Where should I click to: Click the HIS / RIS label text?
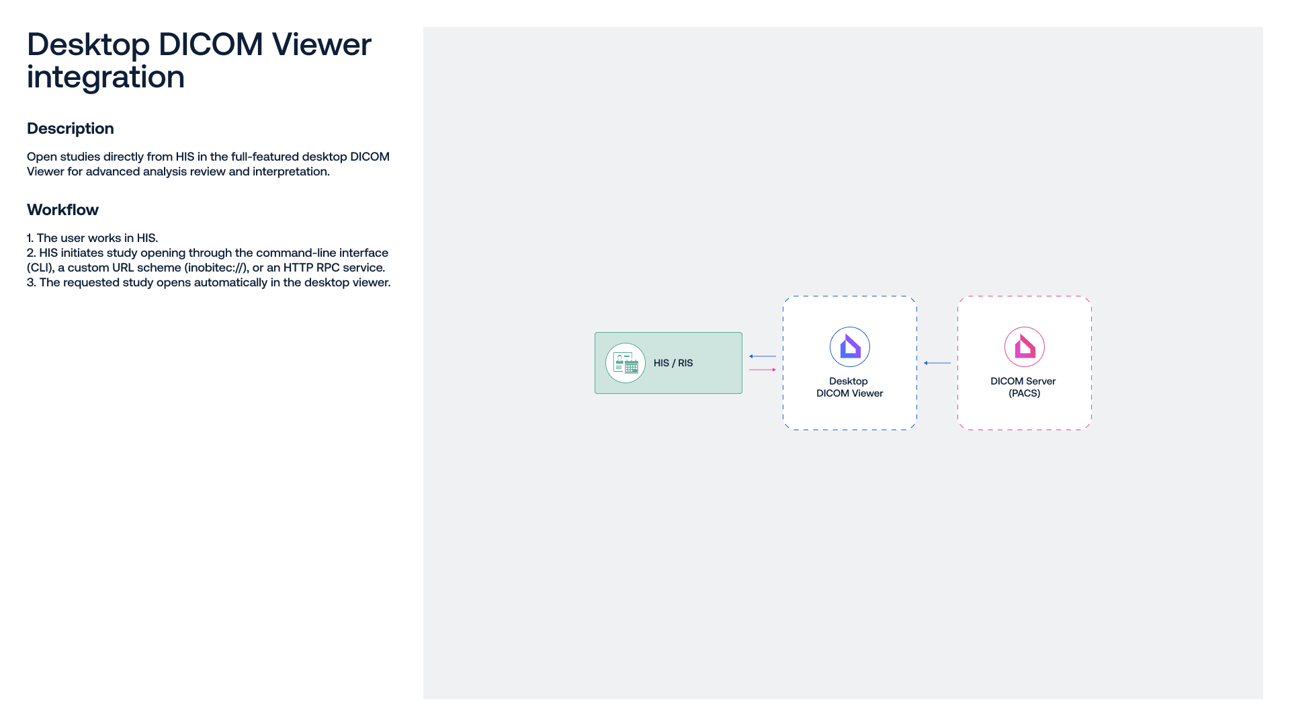coord(673,363)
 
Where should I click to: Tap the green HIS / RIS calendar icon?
coord(626,363)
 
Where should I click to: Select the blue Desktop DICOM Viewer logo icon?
coord(850,347)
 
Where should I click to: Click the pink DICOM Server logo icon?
coord(1025,347)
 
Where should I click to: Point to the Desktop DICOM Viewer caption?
coord(849,387)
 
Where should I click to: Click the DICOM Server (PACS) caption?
coord(1023,387)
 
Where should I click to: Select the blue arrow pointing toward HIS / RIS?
coord(763,356)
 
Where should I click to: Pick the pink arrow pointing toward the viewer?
coord(763,370)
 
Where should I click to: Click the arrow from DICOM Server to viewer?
coord(937,363)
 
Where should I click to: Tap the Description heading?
coord(71,128)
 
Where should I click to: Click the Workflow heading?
coord(62,210)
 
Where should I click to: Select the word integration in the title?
coord(105,77)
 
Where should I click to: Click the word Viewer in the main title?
coord(321,44)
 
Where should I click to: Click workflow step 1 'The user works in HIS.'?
coord(93,238)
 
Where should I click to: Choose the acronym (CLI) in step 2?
coord(41,268)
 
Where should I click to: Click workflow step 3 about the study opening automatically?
coord(209,282)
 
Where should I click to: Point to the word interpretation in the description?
coord(291,171)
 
